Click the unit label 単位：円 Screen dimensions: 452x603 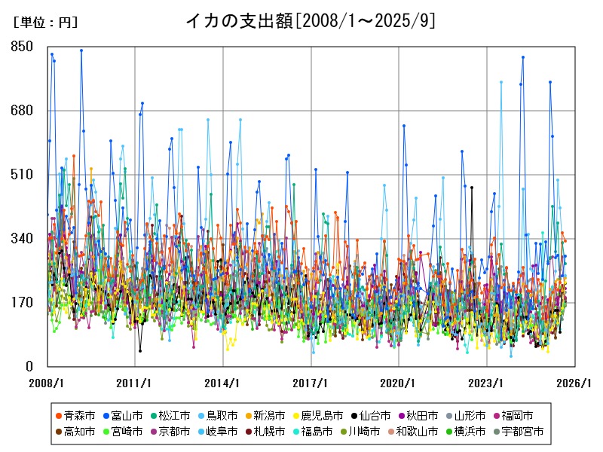tap(45, 23)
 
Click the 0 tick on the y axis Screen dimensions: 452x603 tap(30, 366)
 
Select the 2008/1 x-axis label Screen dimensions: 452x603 tap(47, 383)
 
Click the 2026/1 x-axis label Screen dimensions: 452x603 tap(575, 383)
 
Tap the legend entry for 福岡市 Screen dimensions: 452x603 tap(518, 415)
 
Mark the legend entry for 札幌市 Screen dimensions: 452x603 tap(269, 432)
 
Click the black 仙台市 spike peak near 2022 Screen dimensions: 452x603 tap(472, 188)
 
